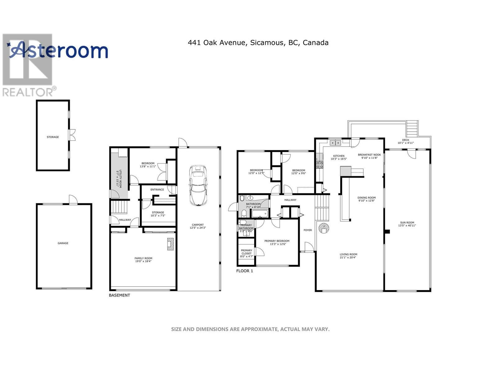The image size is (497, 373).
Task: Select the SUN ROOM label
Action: (407, 223)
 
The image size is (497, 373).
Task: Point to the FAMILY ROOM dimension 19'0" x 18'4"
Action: (143, 261)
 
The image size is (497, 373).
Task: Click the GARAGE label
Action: (63, 243)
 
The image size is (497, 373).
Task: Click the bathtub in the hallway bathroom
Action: (259, 214)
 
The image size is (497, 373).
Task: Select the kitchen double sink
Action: (335, 143)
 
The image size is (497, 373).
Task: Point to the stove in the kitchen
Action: (320, 164)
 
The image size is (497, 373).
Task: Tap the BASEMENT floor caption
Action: (119, 295)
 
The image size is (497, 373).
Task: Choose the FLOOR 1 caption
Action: (244, 271)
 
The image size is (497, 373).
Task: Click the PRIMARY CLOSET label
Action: (246, 252)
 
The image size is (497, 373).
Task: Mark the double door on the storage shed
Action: (72, 135)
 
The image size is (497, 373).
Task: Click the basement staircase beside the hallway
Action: (120, 207)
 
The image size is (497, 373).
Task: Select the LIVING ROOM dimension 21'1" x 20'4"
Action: (348, 257)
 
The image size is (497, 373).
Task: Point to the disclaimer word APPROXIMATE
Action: (258, 329)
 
